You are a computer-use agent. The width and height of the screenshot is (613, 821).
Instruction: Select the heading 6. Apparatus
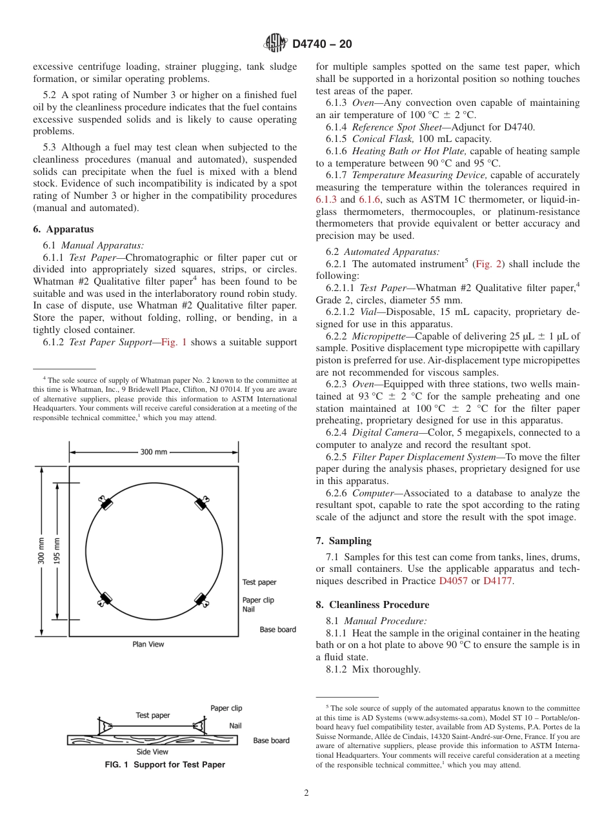(x=63, y=229)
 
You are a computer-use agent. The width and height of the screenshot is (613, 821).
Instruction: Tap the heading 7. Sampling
(x=343, y=541)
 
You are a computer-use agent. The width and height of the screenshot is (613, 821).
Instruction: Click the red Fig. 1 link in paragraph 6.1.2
(x=174, y=342)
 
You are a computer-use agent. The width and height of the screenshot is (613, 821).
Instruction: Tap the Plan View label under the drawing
(x=148, y=644)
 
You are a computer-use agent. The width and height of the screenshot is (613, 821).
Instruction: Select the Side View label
(x=152, y=752)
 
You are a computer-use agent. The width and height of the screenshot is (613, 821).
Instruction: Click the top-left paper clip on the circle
(x=104, y=502)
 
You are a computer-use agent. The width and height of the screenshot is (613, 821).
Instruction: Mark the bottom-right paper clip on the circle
(x=202, y=600)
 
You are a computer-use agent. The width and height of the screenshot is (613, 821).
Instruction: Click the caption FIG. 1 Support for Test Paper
(x=165, y=765)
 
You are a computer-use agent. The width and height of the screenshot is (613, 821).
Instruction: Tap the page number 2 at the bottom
(x=306, y=793)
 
